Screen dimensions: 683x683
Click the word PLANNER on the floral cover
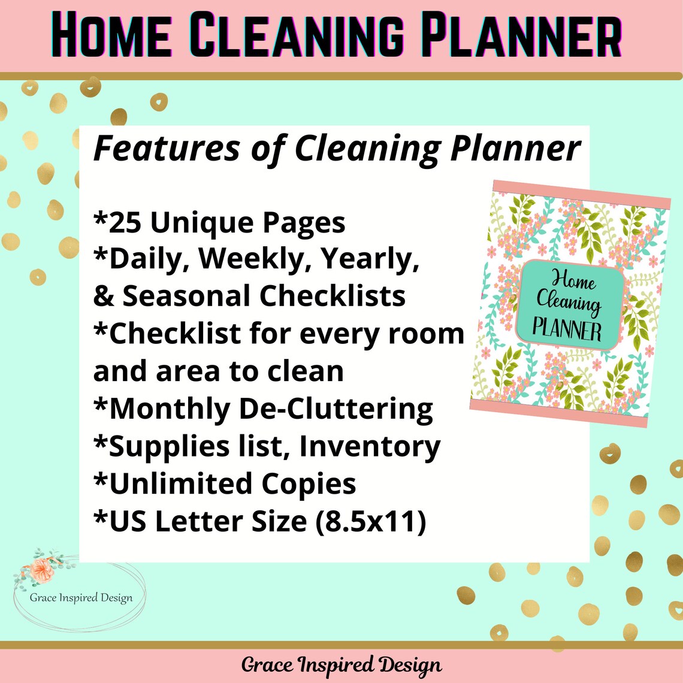pyautogui.click(x=567, y=330)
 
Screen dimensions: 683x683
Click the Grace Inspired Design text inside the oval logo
pyautogui.click(x=81, y=597)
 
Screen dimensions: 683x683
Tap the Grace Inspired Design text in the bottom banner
pyautogui.click(x=341, y=665)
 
